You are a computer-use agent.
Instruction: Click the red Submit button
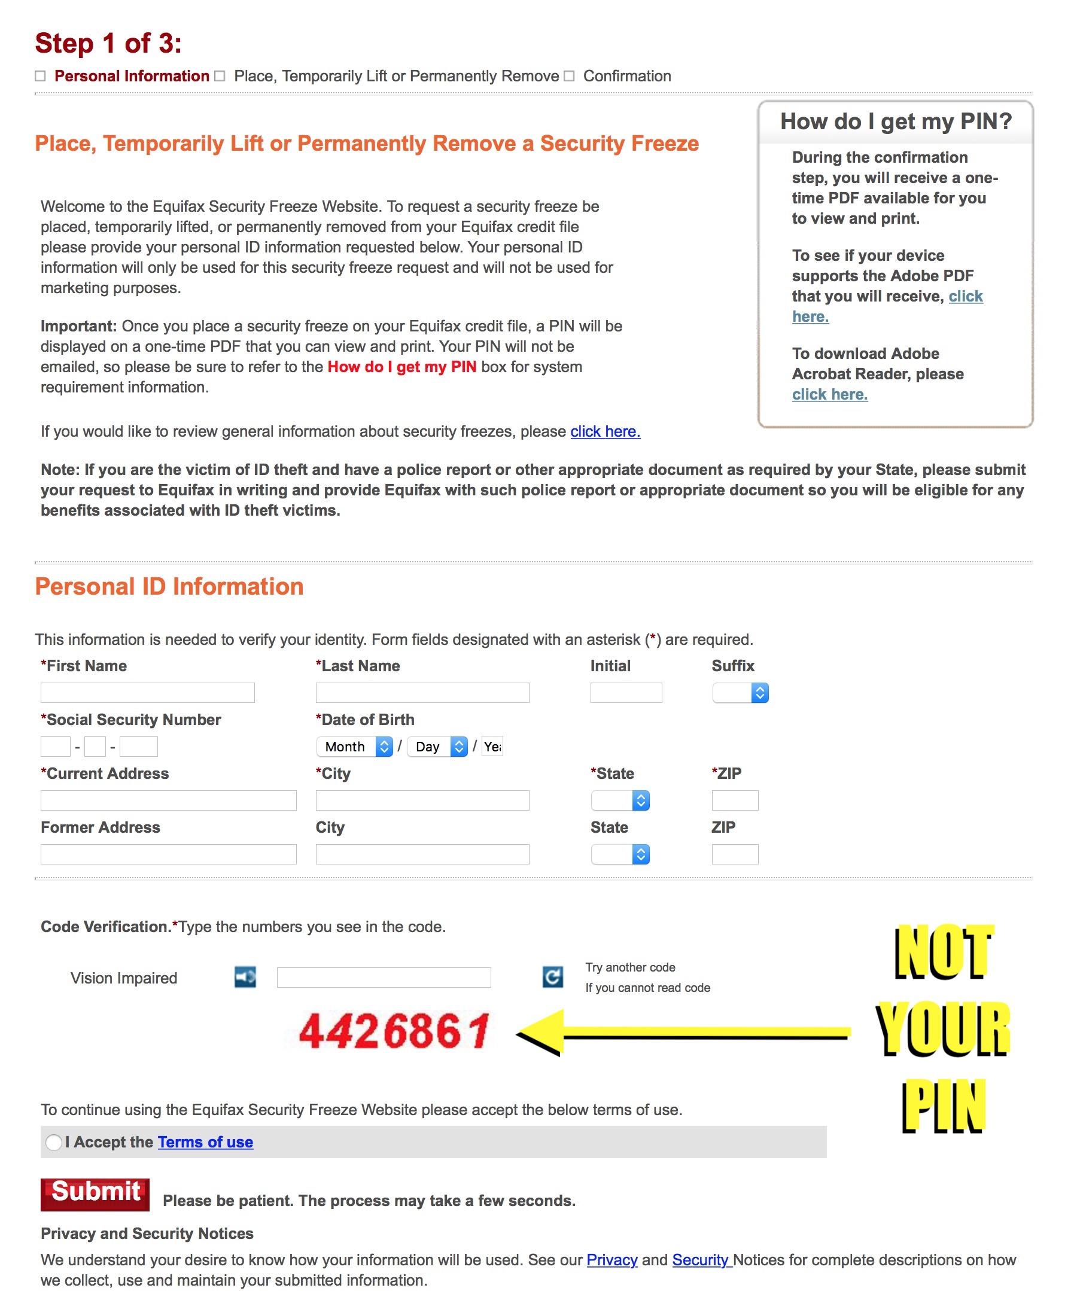95,1194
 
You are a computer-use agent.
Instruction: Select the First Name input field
148,693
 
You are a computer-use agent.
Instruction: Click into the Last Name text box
422,693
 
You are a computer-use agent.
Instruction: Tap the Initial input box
626,693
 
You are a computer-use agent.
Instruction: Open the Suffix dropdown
740,693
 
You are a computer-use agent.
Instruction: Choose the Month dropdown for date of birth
355,747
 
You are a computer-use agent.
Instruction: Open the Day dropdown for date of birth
437,747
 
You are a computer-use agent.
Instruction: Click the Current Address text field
169,800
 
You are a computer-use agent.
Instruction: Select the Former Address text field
169,854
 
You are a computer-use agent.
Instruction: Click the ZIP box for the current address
735,800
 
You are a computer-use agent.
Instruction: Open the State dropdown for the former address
620,854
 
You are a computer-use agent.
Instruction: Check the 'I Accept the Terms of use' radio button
54,1142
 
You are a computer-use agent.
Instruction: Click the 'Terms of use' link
205,1142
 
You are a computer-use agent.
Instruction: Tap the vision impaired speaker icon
245,977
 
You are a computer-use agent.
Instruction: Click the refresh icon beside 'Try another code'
553,977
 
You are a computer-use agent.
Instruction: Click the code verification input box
384,978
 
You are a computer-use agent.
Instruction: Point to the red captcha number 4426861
394,1031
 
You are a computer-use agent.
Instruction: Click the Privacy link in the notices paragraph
611,1260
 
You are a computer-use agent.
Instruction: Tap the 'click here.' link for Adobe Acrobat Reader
829,395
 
